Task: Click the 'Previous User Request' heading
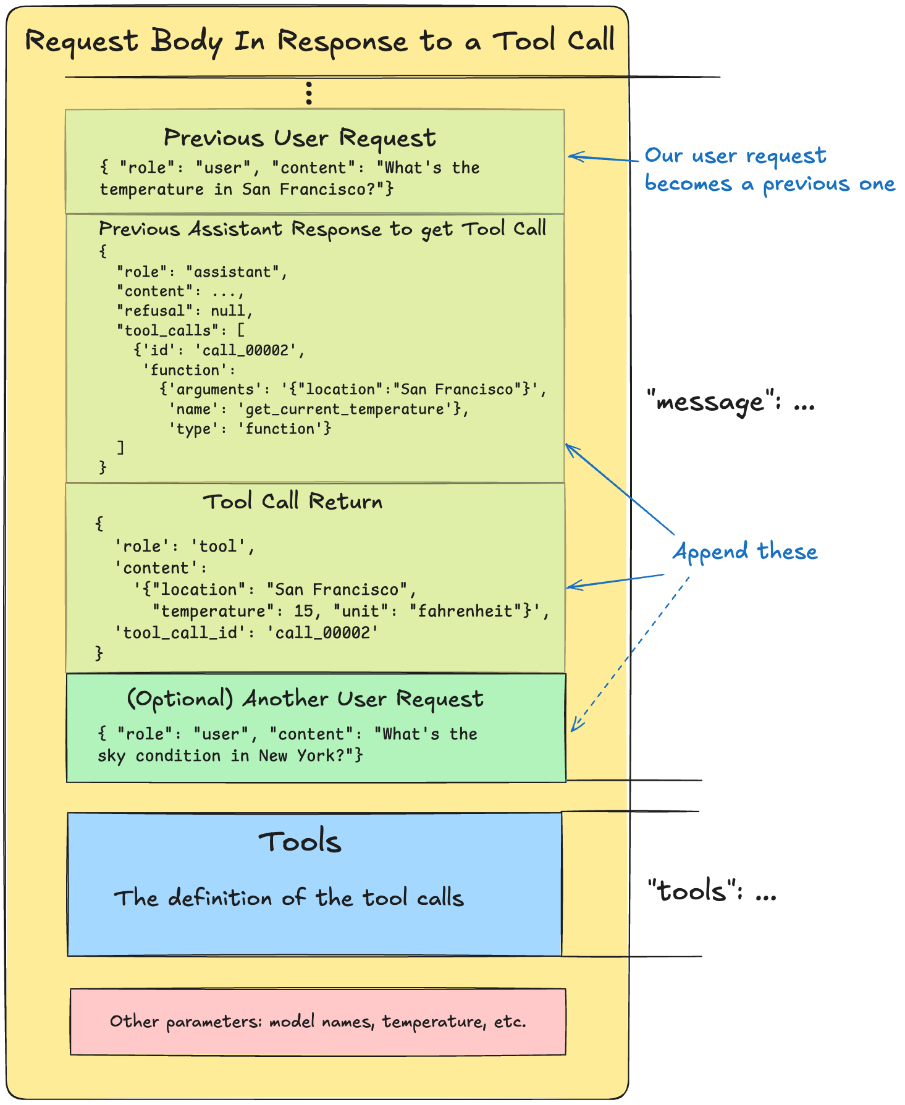pos(300,138)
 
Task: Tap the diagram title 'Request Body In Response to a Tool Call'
pos(319,41)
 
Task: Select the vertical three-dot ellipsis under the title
pos(309,93)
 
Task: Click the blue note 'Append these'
pos(745,551)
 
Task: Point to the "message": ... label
pos(731,403)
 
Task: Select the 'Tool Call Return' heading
pos(293,501)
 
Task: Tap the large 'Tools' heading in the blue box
pos(300,842)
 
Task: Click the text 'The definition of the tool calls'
pos(288,897)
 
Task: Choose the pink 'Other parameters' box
pos(318,1022)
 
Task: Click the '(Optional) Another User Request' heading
pos(305,699)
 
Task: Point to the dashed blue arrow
pos(630,655)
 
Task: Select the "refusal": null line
pos(185,311)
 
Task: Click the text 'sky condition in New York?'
pos(230,755)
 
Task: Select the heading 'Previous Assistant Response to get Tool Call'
pos(322,229)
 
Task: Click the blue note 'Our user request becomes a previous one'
pos(768,170)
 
